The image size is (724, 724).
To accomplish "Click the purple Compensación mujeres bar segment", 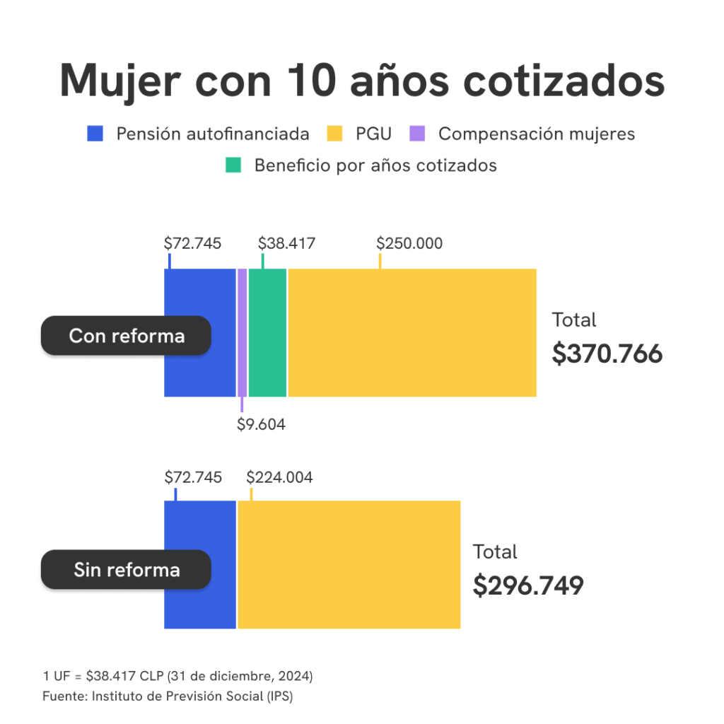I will click(242, 332).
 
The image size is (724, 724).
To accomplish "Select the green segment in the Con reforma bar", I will click(267, 332).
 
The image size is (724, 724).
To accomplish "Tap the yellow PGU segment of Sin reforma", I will click(349, 564).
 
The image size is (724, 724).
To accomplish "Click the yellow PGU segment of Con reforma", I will click(411, 332).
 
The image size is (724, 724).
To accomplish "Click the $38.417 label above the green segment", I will click(286, 243).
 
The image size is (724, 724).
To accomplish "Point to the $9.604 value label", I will click(261, 424).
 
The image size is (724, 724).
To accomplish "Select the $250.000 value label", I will click(409, 243).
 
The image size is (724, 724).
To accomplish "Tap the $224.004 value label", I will click(279, 477).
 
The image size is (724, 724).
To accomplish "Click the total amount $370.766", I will click(607, 354).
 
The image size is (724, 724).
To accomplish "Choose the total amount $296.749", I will click(527, 585).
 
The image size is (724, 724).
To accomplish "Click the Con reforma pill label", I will click(127, 335).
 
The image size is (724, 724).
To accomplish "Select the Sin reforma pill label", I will click(127, 569).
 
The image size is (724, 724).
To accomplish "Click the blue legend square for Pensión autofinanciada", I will click(95, 134).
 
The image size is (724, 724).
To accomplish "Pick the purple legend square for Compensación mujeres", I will click(419, 134).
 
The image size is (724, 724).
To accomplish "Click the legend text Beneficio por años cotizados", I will click(375, 165).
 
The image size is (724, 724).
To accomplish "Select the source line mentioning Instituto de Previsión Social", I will click(168, 696).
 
